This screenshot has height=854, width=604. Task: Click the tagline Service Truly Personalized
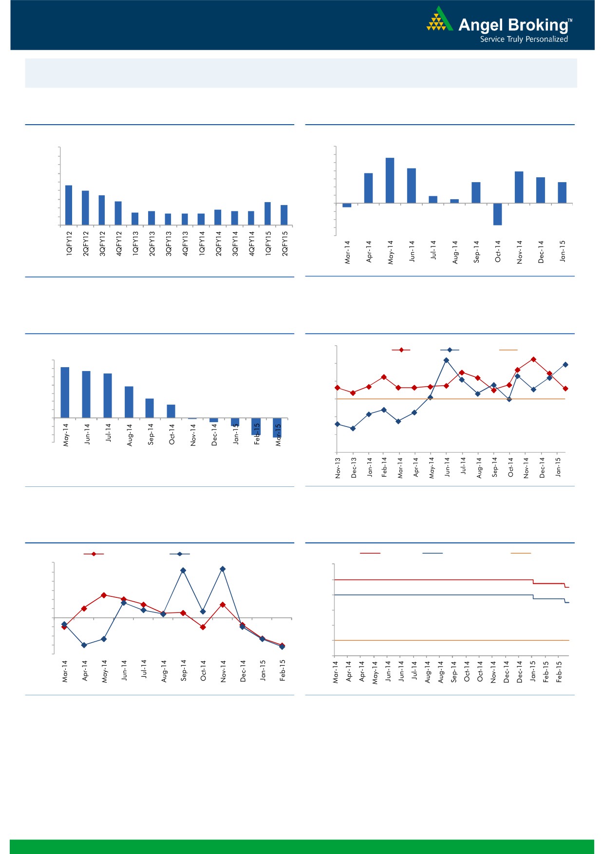(524, 39)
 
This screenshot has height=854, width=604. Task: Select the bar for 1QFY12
(69, 205)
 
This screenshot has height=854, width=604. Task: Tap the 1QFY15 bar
(267, 213)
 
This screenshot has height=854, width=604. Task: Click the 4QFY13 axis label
(185, 243)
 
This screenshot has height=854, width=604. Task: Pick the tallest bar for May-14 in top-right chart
(390, 180)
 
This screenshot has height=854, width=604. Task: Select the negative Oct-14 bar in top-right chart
(497, 214)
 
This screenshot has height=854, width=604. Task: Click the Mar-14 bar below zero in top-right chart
(347, 205)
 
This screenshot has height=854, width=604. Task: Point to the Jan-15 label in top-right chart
(563, 251)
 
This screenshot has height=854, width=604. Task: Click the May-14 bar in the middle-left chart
(65, 392)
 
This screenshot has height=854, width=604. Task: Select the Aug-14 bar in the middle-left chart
(129, 402)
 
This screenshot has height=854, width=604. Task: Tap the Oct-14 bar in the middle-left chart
(171, 411)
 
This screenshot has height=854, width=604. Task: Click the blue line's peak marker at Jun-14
(446, 360)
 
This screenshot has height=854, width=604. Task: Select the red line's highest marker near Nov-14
(534, 359)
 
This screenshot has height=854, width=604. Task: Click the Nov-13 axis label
(338, 467)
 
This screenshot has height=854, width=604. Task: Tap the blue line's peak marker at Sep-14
(183, 570)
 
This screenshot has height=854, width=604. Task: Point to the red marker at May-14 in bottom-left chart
(104, 595)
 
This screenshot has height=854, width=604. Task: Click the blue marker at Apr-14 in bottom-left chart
(84, 645)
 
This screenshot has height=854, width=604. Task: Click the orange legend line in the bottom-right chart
(520, 553)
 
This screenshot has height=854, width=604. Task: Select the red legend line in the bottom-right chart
(370, 553)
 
